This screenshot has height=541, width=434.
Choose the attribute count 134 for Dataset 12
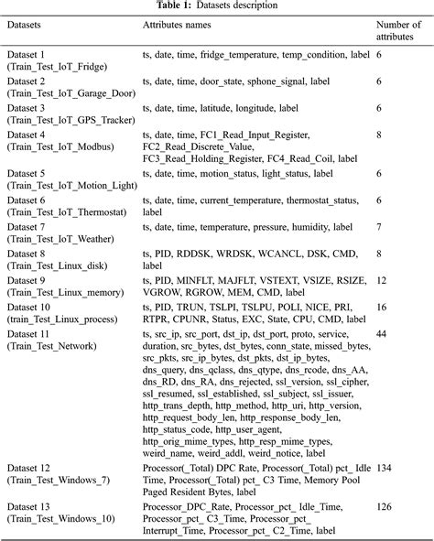click(x=386, y=467)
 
